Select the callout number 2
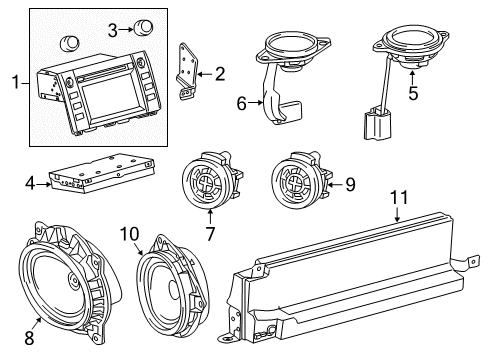pyautogui.click(x=220, y=72)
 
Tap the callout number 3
pyautogui.click(x=113, y=28)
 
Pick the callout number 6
pyautogui.click(x=241, y=102)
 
